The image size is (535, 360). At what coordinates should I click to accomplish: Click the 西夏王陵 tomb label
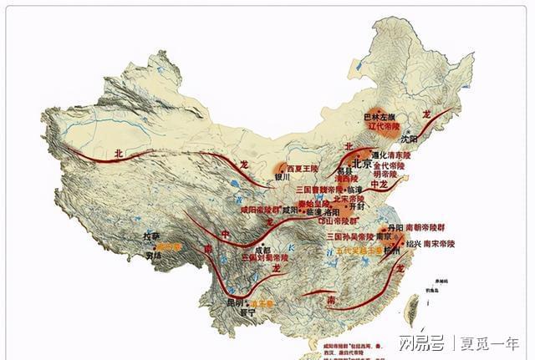(303, 168)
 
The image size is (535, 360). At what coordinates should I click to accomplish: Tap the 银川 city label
(282, 176)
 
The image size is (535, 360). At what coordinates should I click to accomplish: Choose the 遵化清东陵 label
(390, 155)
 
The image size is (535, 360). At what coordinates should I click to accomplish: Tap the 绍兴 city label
(412, 244)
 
